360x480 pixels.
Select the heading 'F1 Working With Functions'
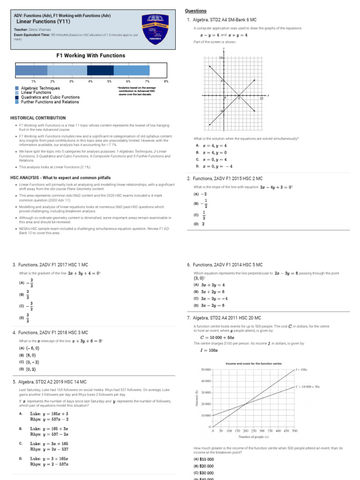tap(90, 55)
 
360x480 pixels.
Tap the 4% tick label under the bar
tap(90, 82)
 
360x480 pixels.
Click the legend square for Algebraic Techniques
tap(17, 88)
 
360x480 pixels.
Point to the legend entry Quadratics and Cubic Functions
tap(50, 97)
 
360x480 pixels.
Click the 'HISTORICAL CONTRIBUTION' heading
tap(38, 118)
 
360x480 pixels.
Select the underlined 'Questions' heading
tap(195, 11)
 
